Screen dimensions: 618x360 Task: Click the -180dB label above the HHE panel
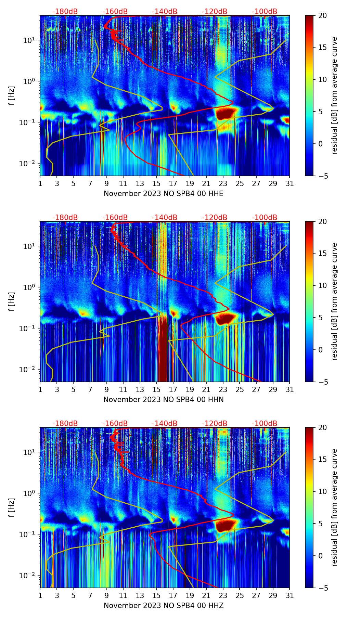(65, 12)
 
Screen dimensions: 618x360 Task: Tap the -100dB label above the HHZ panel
(265, 424)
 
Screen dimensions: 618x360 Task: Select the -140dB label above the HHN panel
(165, 218)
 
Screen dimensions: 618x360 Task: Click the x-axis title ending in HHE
(164, 194)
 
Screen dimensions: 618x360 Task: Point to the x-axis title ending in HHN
(164, 400)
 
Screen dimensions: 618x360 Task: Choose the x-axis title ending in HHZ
(164, 606)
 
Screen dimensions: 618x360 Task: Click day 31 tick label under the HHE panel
(290, 184)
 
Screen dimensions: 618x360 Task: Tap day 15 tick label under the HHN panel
(156, 390)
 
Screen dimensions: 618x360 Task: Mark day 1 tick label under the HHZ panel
(40, 596)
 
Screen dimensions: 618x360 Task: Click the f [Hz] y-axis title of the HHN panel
(12, 301)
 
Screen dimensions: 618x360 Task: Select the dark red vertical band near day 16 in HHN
(162, 349)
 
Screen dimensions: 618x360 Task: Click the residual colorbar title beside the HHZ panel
(335, 507)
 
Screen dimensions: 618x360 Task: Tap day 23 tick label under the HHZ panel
(223, 596)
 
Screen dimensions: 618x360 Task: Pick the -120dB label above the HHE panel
(215, 12)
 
